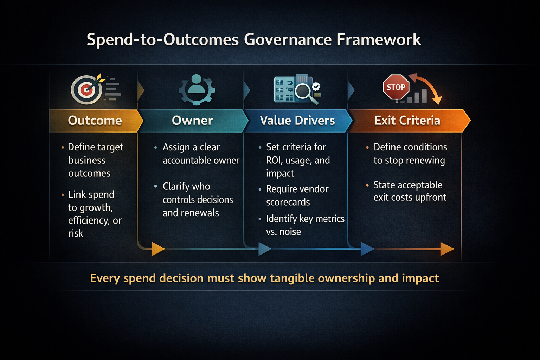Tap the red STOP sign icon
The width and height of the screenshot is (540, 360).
[x=396, y=87]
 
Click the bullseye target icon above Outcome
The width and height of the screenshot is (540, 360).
[x=86, y=90]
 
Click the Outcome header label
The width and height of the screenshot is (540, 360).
[x=95, y=121]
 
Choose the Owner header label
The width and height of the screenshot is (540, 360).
[x=192, y=121]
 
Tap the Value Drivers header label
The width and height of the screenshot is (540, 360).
[x=297, y=121]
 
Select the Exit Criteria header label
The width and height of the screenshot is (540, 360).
[x=407, y=121]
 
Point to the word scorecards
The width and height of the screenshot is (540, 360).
[x=288, y=202]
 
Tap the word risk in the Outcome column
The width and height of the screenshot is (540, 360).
[x=76, y=233]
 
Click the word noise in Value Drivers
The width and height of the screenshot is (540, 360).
[x=290, y=232]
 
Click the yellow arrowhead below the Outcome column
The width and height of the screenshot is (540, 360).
[x=158, y=249]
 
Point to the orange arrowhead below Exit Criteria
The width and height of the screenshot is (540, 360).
[x=447, y=249]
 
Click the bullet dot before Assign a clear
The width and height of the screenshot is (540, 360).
[x=155, y=148]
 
